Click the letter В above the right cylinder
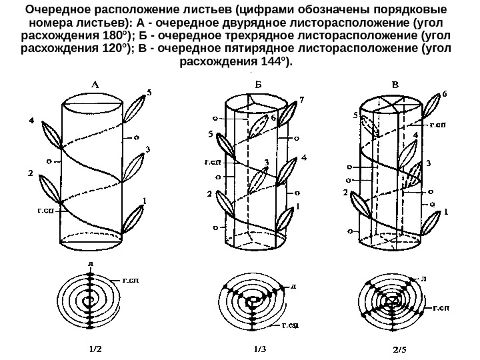click(x=395, y=85)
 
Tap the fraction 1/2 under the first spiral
click(x=97, y=347)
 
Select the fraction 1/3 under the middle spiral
click(x=259, y=347)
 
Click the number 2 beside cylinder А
click(x=30, y=173)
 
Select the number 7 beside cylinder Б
click(x=301, y=101)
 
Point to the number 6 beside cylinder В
click(x=445, y=95)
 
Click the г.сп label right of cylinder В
click(x=438, y=124)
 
